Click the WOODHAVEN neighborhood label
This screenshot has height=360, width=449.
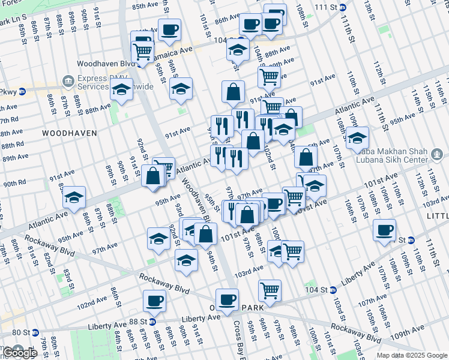(x=70, y=132)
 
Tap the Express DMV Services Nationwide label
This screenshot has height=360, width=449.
(x=115, y=83)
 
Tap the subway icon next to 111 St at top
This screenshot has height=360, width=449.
(x=342, y=7)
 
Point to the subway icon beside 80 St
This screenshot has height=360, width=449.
(x=35, y=332)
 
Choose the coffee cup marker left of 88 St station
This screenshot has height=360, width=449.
(x=154, y=301)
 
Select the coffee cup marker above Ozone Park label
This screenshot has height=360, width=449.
(x=227, y=299)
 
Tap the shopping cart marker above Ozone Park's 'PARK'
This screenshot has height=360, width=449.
(x=270, y=290)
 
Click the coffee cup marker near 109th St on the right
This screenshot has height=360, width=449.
(x=384, y=230)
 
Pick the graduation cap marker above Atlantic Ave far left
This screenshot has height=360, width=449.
(x=74, y=197)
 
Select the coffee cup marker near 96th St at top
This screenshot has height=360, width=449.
(x=169, y=29)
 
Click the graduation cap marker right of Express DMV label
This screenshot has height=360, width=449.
(x=122, y=90)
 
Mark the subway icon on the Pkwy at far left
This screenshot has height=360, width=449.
(x=22, y=91)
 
